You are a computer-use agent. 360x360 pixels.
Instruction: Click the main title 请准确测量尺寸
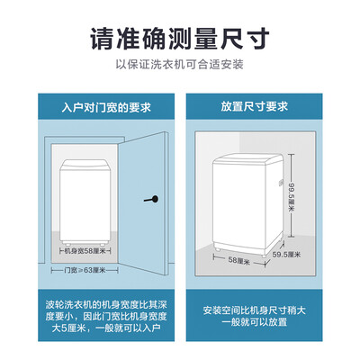click(180, 40)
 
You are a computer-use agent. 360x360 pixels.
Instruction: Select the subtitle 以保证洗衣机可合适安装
click(180, 64)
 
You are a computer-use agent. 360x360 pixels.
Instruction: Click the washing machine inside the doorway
click(85, 202)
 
